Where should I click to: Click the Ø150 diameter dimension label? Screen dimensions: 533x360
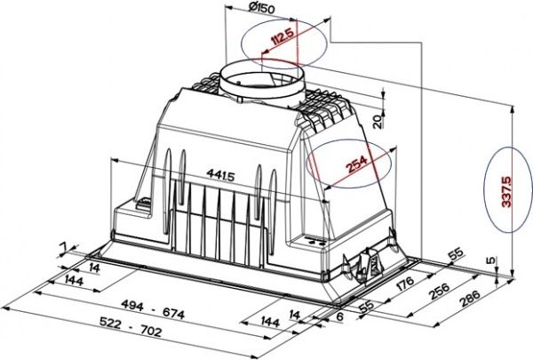click(x=261, y=8)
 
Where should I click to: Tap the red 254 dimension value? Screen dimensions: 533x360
click(x=356, y=164)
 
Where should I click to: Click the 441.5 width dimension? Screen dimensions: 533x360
click(x=220, y=175)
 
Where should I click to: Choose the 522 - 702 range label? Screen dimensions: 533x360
click(x=131, y=326)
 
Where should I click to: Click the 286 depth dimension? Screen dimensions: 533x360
click(x=470, y=299)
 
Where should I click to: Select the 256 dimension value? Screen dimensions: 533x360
click(x=440, y=292)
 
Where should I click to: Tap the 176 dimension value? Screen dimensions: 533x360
click(x=405, y=283)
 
